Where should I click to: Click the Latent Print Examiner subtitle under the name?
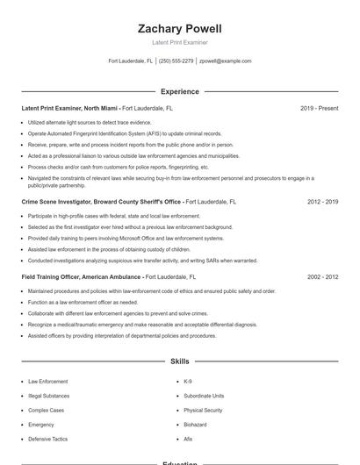179,42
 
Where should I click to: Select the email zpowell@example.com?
225,61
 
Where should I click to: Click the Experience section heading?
179,91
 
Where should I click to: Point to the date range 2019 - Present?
319,108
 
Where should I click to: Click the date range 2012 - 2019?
322,201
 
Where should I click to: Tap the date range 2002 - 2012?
322,276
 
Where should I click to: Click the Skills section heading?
179,361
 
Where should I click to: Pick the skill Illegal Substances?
49,396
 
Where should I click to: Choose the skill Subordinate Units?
204,396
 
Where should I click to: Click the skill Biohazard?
194,424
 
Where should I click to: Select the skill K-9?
188,382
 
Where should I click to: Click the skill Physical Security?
202,410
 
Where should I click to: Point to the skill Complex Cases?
46,410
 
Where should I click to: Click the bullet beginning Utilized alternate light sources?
90,123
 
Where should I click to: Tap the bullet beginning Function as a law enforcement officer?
83,301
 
